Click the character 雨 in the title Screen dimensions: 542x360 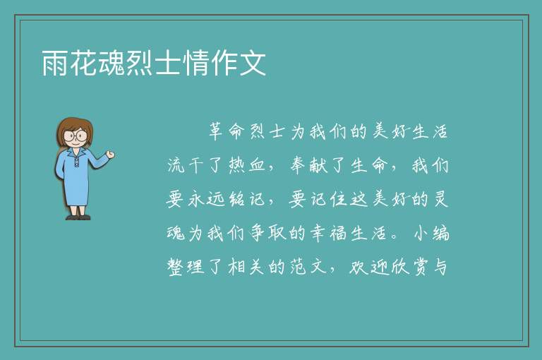click(x=54, y=63)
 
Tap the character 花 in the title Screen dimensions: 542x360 click(x=83, y=63)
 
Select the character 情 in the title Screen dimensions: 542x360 click(x=196, y=63)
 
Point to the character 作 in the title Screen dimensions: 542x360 click(x=224, y=63)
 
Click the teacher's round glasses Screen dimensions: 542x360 click(x=76, y=135)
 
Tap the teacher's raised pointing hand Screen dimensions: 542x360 click(x=110, y=155)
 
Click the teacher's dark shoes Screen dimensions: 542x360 click(x=78, y=217)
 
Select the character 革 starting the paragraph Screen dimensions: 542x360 click(x=216, y=132)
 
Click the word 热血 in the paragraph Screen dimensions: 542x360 click(x=246, y=165)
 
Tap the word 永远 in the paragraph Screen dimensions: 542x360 click(x=205, y=199)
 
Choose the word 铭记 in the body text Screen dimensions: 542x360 click(x=246, y=199)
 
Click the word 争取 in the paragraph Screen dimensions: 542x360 click(x=267, y=233)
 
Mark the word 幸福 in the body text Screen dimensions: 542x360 click(x=328, y=233)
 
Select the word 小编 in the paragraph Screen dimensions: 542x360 click(x=431, y=233)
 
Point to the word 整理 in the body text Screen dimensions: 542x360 click(x=186, y=267)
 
